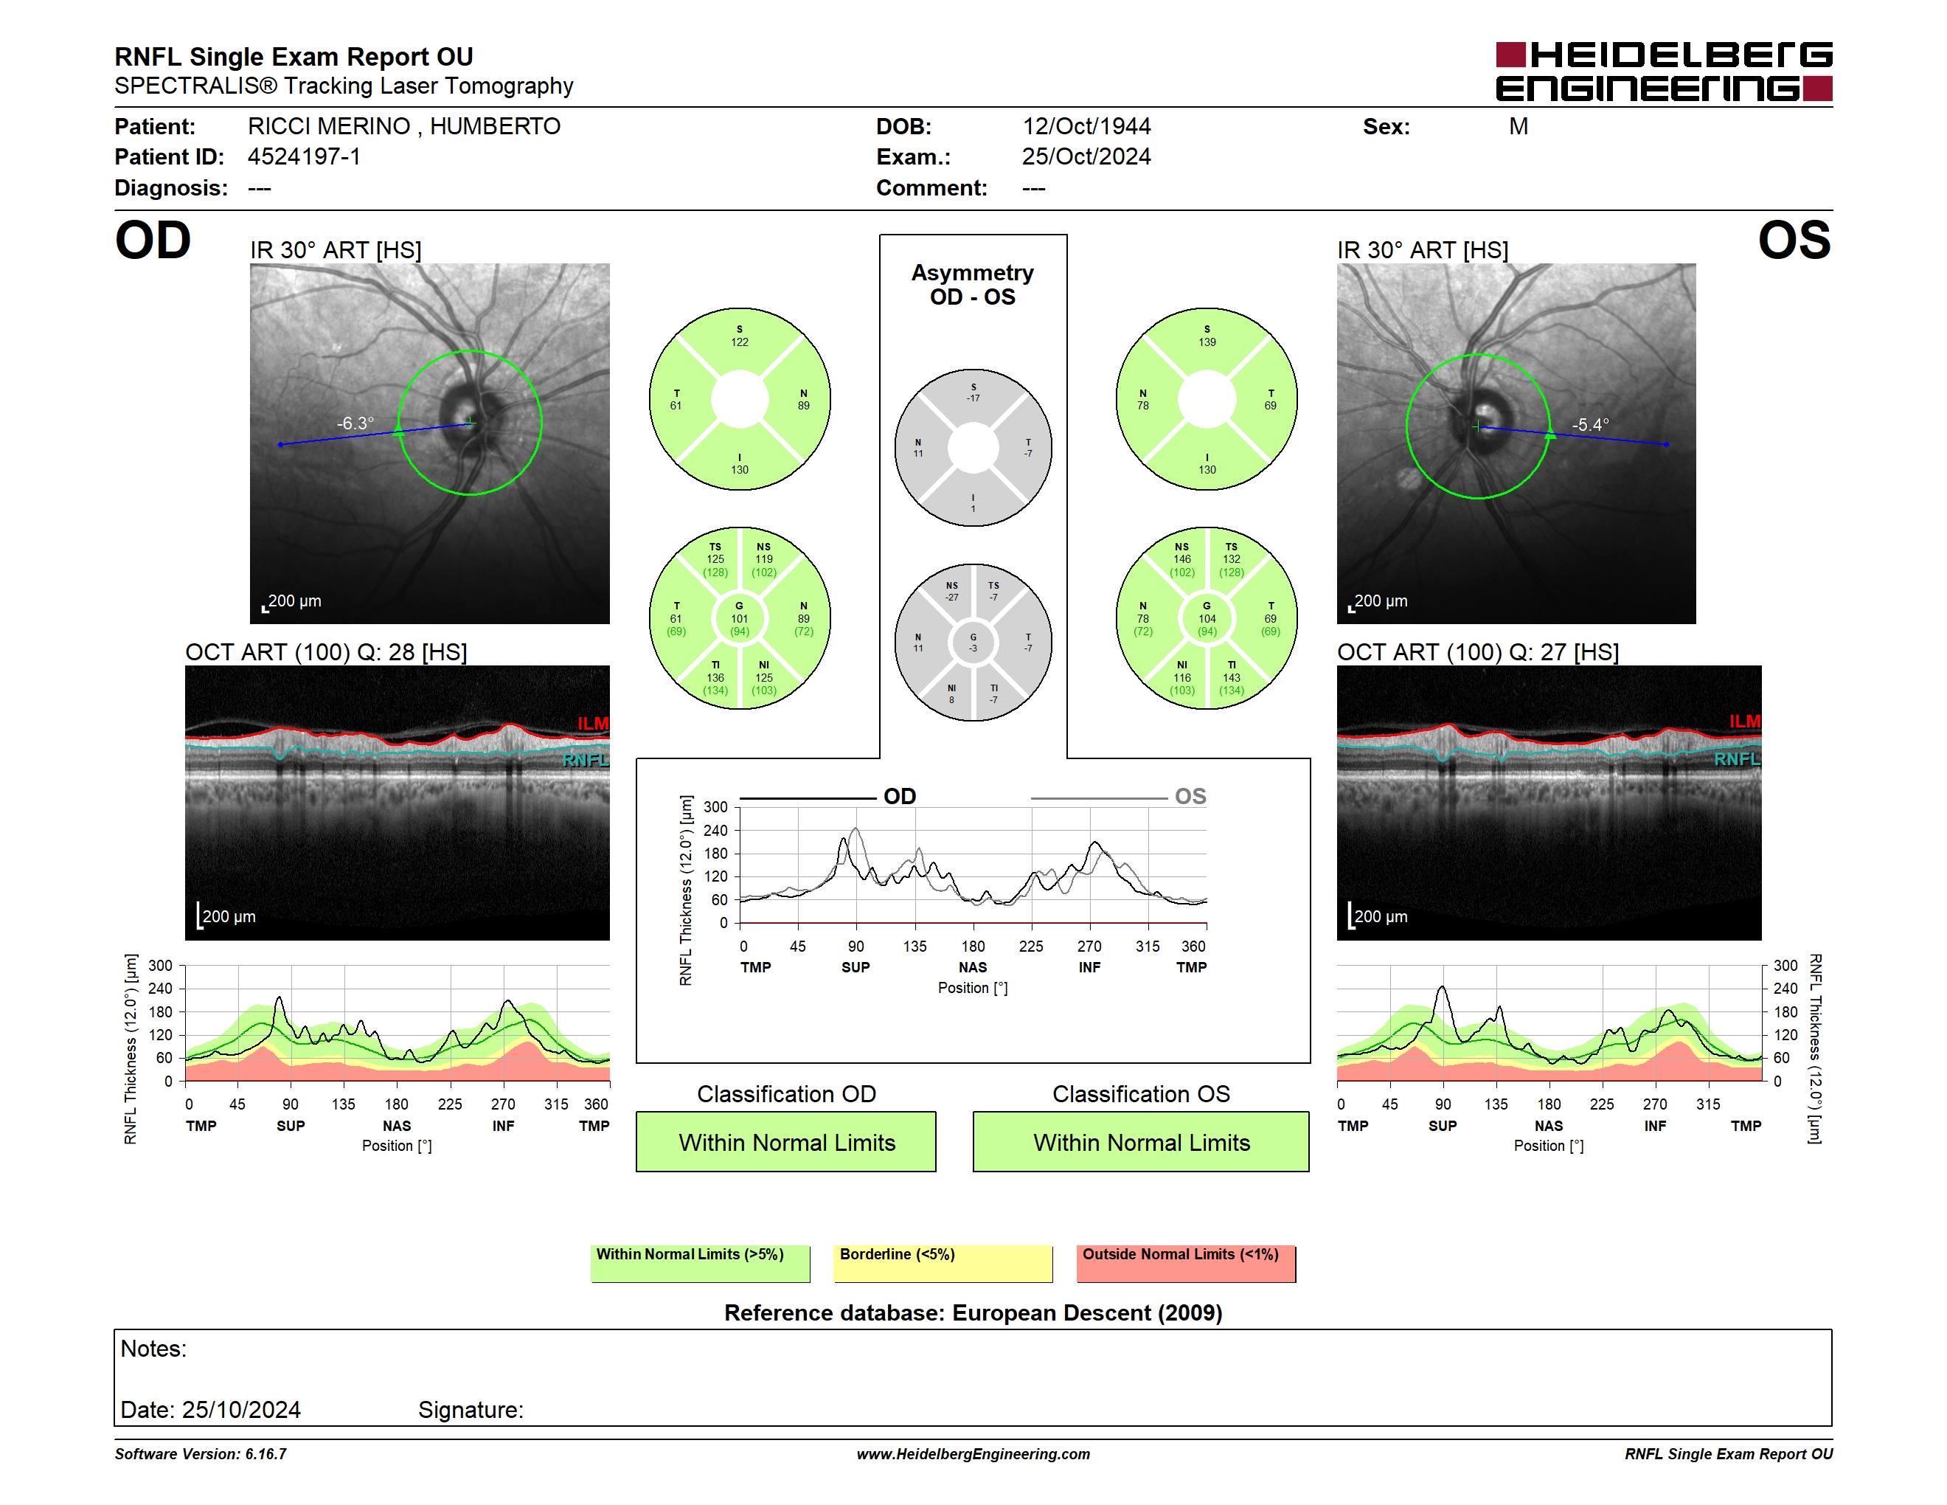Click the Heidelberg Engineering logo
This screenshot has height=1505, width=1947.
click(1664, 72)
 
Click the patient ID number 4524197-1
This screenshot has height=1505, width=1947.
click(304, 157)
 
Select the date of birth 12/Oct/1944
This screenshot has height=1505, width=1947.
click(1086, 127)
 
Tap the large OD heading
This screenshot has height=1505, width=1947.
click(153, 241)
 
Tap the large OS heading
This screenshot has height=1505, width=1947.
click(1794, 241)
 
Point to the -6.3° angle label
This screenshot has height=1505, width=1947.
click(355, 423)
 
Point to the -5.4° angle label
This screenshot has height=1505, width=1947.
click(1590, 424)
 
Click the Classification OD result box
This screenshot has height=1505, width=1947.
click(786, 1141)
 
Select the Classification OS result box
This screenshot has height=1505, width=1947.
click(1141, 1141)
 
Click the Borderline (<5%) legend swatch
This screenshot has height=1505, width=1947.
click(943, 1263)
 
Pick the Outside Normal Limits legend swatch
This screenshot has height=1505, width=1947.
click(1186, 1263)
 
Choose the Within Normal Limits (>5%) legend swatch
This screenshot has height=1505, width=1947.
click(701, 1263)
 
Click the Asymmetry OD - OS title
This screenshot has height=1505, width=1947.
click(973, 285)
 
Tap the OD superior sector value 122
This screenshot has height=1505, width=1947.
click(740, 342)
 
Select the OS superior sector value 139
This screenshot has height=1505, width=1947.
click(1207, 342)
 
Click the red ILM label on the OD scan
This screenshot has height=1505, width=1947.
click(593, 723)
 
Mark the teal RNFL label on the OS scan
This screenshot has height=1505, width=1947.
click(1738, 758)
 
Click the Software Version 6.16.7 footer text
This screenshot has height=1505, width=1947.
click(201, 1454)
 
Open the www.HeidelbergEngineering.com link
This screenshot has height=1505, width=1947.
click(974, 1454)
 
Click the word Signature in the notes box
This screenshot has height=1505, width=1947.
click(471, 1410)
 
